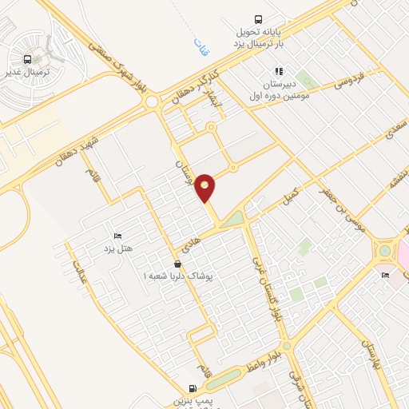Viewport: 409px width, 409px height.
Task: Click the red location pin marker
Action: [205, 187]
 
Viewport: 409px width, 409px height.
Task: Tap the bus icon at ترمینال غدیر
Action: [28, 59]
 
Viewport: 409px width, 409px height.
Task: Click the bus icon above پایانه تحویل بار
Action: [258, 19]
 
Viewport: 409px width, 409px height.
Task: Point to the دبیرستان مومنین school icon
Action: [278, 70]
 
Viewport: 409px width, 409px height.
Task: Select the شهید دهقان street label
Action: [77, 149]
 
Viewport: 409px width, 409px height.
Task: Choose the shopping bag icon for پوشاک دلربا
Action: [178, 263]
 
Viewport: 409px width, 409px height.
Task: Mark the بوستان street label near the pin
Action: [183, 172]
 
